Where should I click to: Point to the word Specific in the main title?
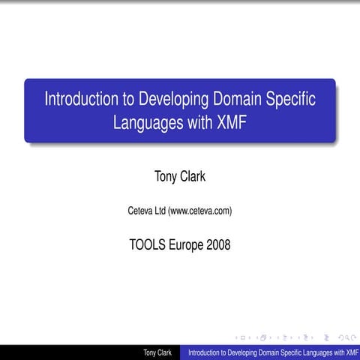[x=290, y=99]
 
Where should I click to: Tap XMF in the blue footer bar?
[x=348, y=352]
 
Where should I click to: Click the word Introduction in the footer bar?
[x=207, y=352]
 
